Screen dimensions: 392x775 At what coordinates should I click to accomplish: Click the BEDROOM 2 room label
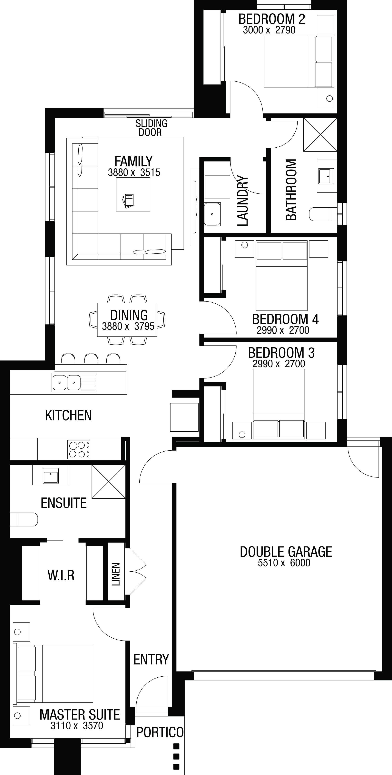point(272,19)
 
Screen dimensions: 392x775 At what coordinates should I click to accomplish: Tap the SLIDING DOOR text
point(151,128)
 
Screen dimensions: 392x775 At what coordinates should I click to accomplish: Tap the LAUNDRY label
point(242,201)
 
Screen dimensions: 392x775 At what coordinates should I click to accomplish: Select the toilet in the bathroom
point(323,214)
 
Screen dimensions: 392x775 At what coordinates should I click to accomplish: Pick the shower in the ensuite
point(109,481)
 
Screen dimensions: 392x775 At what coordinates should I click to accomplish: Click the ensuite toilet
point(24,519)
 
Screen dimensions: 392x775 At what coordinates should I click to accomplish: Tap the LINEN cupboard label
point(116,574)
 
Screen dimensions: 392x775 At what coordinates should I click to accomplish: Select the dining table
point(127,319)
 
